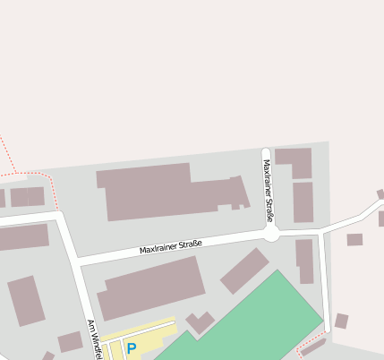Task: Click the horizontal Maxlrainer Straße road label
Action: (x=171, y=244)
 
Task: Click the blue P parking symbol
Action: (x=132, y=348)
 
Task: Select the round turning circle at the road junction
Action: (x=271, y=233)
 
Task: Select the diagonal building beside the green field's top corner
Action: (x=244, y=270)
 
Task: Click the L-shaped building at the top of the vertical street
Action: (x=296, y=160)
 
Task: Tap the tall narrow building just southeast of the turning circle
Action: (x=305, y=261)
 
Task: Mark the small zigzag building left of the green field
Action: (x=200, y=321)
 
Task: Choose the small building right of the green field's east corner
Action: (x=341, y=321)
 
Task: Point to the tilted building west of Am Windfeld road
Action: (x=27, y=301)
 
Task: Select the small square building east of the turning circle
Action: (x=354, y=239)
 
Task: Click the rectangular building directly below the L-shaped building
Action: (x=303, y=202)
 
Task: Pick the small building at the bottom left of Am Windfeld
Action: (x=70, y=341)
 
